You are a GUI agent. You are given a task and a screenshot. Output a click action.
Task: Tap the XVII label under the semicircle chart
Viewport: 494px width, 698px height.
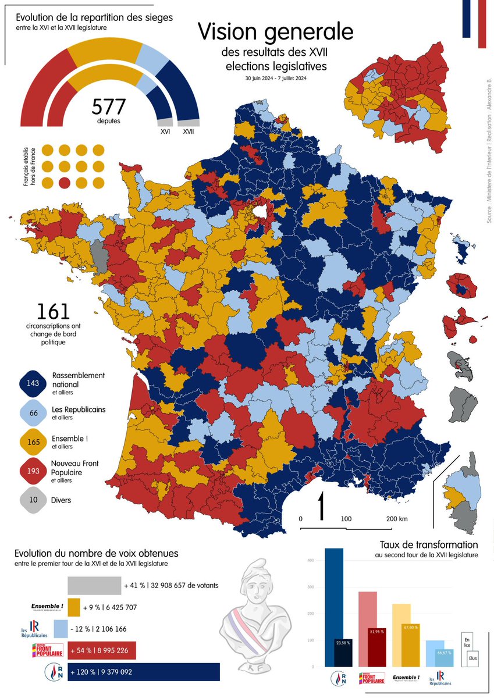pos(189,132)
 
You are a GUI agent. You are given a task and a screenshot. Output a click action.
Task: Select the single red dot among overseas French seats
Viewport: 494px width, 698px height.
pos(65,183)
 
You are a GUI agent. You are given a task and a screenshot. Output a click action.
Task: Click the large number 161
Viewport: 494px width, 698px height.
pos(53,312)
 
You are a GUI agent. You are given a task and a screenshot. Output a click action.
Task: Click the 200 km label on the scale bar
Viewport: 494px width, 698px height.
pos(396,519)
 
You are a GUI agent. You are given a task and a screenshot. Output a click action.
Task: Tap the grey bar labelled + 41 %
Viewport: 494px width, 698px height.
pos(94,585)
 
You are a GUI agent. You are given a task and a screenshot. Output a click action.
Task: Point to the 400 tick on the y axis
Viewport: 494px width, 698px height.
pos(311,561)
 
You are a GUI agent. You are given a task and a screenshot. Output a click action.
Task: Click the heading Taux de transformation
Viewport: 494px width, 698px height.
pos(428,545)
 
